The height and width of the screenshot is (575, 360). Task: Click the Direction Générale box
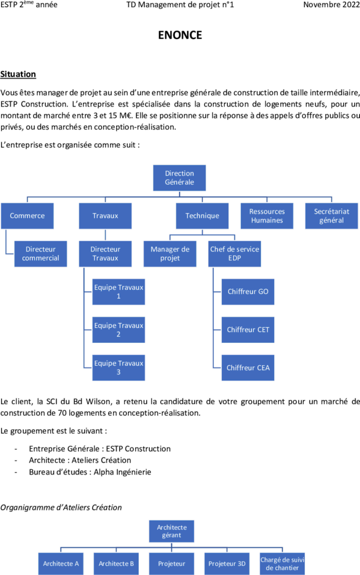click(x=179, y=178)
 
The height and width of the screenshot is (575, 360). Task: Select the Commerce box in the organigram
click(x=27, y=216)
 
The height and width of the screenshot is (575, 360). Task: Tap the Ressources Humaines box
click(x=267, y=216)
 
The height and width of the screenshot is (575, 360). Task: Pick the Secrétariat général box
click(x=331, y=216)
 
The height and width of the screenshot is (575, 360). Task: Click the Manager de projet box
click(x=170, y=254)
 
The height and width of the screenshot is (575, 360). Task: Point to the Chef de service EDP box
click(x=234, y=254)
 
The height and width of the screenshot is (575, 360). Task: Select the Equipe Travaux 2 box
click(x=118, y=330)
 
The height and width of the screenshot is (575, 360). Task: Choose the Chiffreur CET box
click(x=248, y=330)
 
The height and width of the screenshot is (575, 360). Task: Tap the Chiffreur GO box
click(x=248, y=292)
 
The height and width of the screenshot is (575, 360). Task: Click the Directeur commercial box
click(x=41, y=254)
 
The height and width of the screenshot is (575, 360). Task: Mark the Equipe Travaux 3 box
click(x=118, y=368)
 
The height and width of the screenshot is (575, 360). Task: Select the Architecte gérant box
click(x=171, y=531)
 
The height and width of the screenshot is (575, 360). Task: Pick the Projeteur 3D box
click(x=227, y=564)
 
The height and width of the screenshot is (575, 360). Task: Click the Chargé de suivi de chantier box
click(x=282, y=564)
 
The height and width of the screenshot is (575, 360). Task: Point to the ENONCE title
click(x=180, y=35)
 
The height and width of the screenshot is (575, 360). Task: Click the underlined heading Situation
click(x=18, y=74)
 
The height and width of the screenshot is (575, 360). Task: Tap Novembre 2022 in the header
click(x=331, y=5)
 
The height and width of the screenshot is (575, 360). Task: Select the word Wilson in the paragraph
click(x=97, y=402)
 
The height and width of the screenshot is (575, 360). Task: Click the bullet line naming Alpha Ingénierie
click(x=90, y=472)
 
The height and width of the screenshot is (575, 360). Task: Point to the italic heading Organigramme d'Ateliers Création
click(x=61, y=508)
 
